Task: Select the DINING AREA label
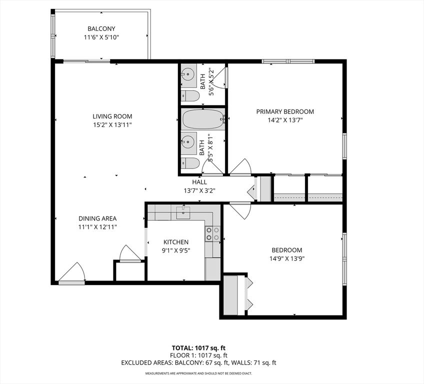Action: coord(97,218)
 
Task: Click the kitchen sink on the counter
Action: coord(183,212)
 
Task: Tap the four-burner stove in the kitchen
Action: coord(212,233)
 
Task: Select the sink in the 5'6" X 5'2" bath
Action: coord(187,75)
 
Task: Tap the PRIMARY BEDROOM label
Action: coord(285,111)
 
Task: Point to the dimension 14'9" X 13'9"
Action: coord(287,259)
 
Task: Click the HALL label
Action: coord(200,182)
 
